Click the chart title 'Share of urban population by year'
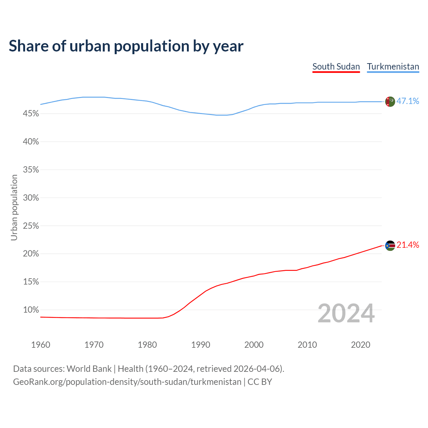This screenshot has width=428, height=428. (x=126, y=46)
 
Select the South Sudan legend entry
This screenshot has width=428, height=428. (x=336, y=67)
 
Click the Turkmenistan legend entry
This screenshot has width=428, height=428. (x=393, y=67)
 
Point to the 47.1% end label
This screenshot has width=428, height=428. (x=408, y=101)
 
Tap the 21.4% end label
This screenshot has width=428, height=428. (x=408, y=245)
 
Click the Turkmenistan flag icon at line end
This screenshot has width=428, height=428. (x=390, y=101)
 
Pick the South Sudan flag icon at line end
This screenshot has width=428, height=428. (x=390, y=246)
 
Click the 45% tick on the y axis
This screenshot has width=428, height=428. (x=31, y=114)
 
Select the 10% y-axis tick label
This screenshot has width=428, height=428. (x=31, y=310)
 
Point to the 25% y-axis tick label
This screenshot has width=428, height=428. (x=31, y=226)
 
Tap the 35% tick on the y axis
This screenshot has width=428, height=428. (x=31, y=170)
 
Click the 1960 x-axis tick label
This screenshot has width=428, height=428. (x=40, y=345)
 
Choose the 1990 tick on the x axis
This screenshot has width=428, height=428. (x=201, y=345)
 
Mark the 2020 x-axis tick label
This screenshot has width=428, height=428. (x=360, y=345)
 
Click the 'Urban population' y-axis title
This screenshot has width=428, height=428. (x=14, y=207)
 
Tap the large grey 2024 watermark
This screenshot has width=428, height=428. (x=346, y=313)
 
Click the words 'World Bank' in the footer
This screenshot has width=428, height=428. (x=89, y=369)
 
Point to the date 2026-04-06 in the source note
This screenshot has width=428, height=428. (x=256, y=369)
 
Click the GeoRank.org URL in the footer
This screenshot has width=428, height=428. (x=127, y=382)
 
